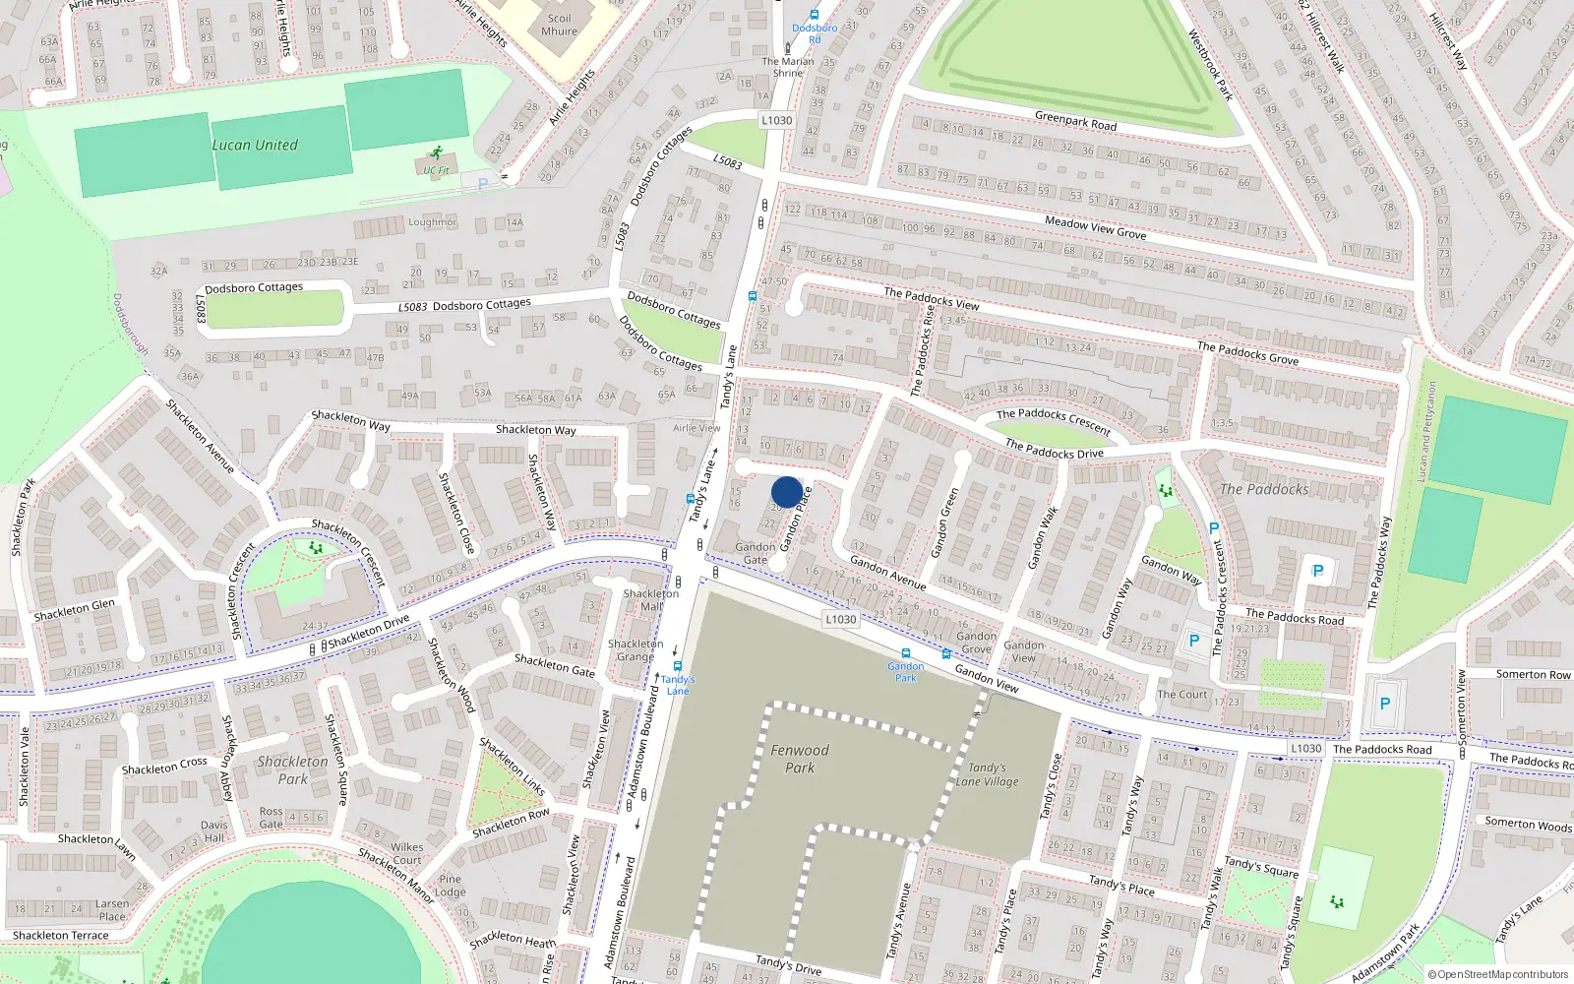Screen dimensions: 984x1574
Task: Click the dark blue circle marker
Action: pos(786,492)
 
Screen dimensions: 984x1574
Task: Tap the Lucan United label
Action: pos(255,145)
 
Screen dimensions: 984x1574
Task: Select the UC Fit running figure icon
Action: pos(436,154)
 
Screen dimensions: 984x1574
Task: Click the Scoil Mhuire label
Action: pos(559,25)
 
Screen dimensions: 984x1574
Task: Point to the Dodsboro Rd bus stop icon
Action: pos(815,15)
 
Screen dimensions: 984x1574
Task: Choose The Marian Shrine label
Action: pos(787,67)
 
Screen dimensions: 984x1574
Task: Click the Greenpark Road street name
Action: pos(1075,121)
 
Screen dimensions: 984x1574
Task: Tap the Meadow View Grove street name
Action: pos(1095,227)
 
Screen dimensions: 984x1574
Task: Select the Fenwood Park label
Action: pos(800,759)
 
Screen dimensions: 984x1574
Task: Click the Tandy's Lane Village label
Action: pos(987,774)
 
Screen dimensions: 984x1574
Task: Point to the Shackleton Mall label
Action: pos(650,600)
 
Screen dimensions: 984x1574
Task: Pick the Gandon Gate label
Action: pos(755,553)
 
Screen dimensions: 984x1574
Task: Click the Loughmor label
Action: pos(432,222)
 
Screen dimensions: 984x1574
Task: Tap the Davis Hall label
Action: pos(213,831)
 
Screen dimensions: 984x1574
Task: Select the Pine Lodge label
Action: pos(451,886)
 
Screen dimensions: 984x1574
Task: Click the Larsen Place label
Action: pos(112,909)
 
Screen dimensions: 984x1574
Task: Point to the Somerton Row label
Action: pos(1533,674)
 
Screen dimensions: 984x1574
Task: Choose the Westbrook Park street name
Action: pos(1210,65)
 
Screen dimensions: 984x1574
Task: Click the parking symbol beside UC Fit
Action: pos(482,183)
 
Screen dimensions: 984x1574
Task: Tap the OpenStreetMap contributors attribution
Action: pos(1498,974)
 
